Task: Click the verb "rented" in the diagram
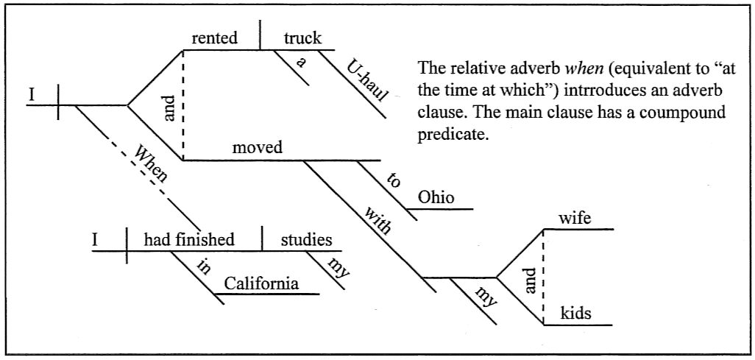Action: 215,38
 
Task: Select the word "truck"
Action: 303,38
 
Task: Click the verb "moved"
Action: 257,147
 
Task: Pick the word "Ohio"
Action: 436,197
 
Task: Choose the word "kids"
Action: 576,314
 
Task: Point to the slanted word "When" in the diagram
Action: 150,163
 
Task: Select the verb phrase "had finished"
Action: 189,239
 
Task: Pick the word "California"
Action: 262,283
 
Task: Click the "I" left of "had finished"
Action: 95,239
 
